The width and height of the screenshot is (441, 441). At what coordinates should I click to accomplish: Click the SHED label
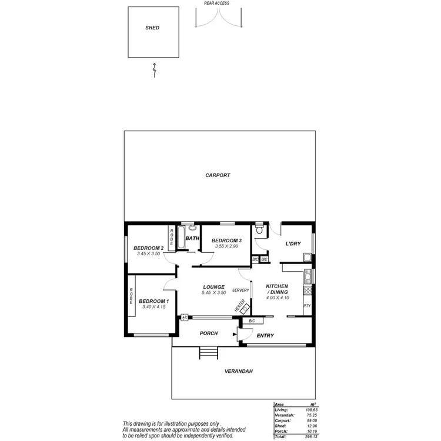tap(152, 28)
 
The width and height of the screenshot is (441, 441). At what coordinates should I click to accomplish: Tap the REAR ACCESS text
tap(216, 3)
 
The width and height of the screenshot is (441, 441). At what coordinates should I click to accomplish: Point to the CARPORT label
tap(218, 175)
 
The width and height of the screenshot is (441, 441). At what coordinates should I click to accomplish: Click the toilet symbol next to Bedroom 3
tap(260, 229)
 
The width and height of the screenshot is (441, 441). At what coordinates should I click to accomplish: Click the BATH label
tap(192, 238)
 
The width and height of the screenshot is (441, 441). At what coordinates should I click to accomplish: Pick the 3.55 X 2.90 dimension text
tap(225, 246)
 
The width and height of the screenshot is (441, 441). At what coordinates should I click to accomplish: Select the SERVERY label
tap(240, 290)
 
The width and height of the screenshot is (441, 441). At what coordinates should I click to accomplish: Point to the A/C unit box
tap(185, 318)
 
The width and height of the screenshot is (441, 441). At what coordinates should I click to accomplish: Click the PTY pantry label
tap(307, 306)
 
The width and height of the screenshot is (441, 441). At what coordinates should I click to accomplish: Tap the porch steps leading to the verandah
tap(208, 353)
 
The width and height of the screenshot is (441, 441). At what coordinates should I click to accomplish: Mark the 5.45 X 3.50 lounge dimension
tap(214, 292)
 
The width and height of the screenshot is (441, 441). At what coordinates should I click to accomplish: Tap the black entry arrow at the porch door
tap(235, 335)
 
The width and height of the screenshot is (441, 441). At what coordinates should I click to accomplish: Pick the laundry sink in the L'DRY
tap(306, 257)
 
